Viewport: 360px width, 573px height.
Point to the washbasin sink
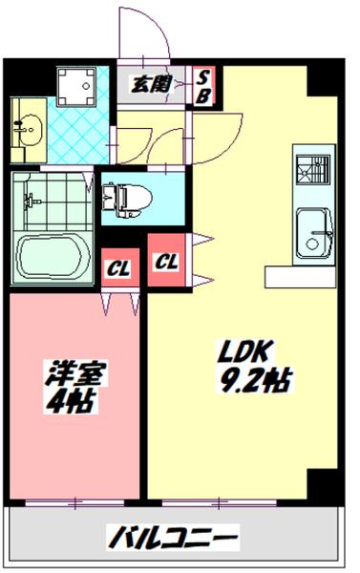[27, 126]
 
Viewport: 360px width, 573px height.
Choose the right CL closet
[167, 260]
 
